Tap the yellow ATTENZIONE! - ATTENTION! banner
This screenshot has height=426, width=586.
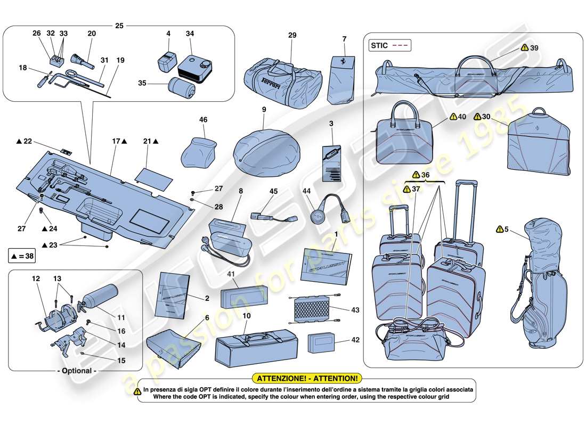307,378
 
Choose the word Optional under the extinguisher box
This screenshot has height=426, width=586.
76,371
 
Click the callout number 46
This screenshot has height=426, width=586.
203,120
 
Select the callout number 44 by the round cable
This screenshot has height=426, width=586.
306,191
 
